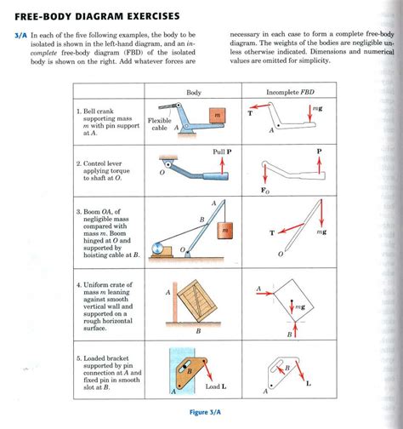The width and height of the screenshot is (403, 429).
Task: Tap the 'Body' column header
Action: point(194,92)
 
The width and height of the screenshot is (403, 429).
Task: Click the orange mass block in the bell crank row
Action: point(217,114)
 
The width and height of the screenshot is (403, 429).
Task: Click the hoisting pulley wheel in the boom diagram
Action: point(157,249)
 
